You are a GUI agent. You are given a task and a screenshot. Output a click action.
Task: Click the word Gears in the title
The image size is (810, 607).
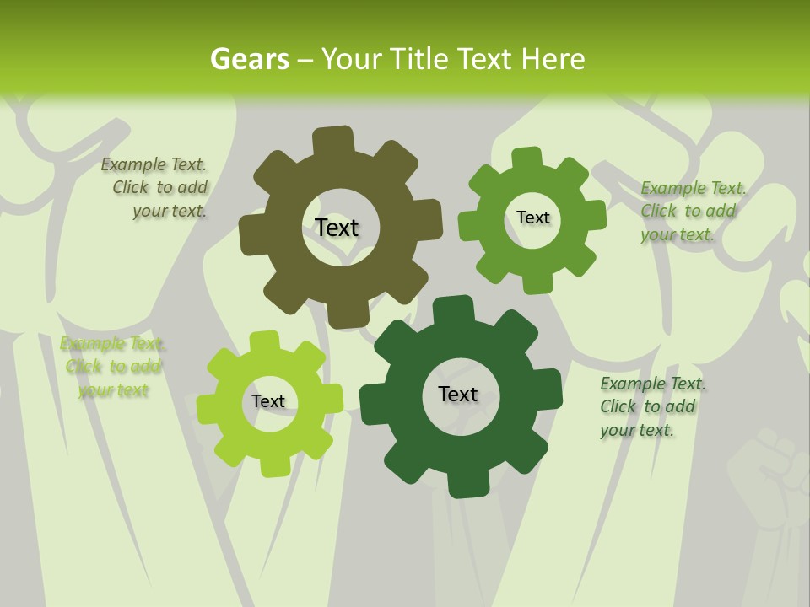249,59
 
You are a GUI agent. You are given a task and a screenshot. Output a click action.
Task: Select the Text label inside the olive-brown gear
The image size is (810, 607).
337,228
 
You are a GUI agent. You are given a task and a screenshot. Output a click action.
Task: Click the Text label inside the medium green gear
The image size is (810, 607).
532,218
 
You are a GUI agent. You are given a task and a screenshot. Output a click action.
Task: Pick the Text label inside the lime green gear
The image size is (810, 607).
268,402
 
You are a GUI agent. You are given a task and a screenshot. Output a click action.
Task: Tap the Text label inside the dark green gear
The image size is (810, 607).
458,394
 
